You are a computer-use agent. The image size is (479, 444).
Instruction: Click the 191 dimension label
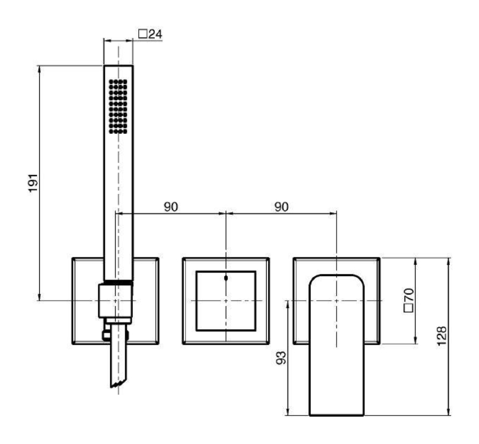coord(33,183)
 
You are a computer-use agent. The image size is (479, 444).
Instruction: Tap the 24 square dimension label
coord(151,34)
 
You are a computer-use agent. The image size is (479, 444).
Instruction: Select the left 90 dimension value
coord(170,207)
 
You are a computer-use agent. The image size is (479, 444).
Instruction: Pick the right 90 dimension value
coord(281,207)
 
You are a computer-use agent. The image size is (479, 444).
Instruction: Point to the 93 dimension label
coord(281,357)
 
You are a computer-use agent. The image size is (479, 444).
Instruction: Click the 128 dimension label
coord(441,336)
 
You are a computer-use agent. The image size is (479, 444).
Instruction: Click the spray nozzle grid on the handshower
coord(118,106)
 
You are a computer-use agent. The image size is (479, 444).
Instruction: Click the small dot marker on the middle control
coord(226,278)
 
